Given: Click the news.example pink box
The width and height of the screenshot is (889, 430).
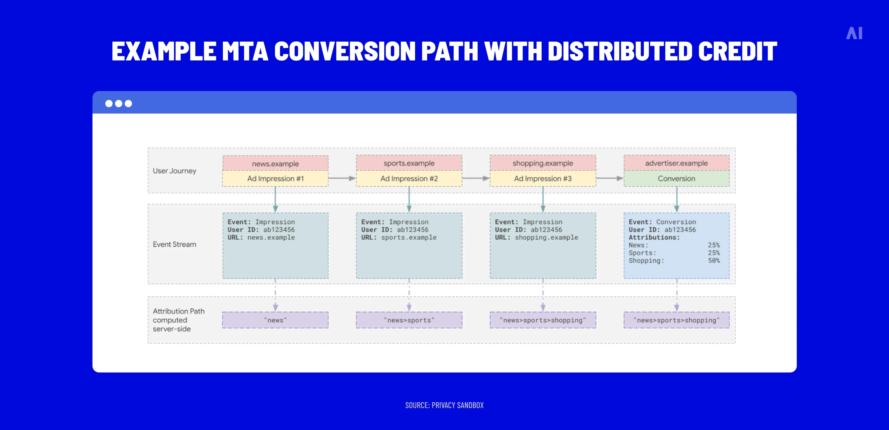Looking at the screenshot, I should pyautogui.click(x=275, y=163).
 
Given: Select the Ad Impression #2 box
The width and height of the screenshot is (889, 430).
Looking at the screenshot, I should pyautogui.click(x=409, y=179).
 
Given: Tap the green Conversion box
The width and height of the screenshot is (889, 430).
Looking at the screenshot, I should pyautogui.click(x=676, y=179).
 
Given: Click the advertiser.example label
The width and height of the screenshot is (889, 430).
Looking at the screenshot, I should pyautogui.click(x=676, y=163).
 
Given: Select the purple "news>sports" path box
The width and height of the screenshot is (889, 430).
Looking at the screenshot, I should pyautogui.click(x=409, y=320).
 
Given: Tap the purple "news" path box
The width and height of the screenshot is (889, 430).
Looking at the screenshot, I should pyautogui.click(x=275, y=320).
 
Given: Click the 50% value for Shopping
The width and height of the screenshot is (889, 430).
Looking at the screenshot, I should pyautogui.click(x=714, y=260).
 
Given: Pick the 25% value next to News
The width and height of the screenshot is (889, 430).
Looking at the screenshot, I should pyautogui.click(x=714, y=245).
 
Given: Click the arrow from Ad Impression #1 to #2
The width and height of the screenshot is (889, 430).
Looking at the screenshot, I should pyautogui.click(x=342, y=178).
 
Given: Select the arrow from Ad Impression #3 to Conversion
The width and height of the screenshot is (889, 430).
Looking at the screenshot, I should pyautogui.click(x=609, y=178).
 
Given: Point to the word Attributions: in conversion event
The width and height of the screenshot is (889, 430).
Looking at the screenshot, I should pyautogui.click(x=654, y=237).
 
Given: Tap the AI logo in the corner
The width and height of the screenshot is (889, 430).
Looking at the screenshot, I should pyautogui.click(x=854, y=34).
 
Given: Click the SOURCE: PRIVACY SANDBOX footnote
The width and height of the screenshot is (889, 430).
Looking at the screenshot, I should pyautogui.click(x=444, y=405).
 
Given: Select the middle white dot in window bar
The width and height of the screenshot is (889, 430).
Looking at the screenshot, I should pyautogui.click(x=118, y=104).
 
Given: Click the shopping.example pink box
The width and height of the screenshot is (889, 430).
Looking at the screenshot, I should pyautogui.click(x=543, y=163).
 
